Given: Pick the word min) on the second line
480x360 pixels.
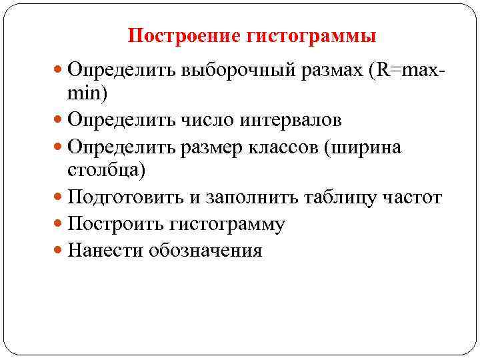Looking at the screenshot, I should tap(87, 93).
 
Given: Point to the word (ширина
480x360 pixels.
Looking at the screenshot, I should tap(363, 147).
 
